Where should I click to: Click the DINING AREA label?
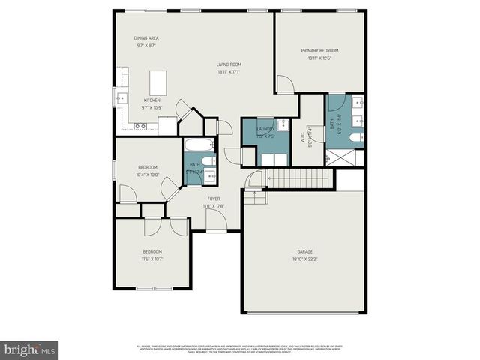tap(147, 38)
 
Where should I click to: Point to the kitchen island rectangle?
tap(157, 80)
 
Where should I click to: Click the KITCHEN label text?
tap(152, 99)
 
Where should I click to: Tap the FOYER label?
tap(214, 199)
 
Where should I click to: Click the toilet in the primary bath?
tap(356, 137)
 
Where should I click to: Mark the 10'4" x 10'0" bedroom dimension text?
tap(148, 174)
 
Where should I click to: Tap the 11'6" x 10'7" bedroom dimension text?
tap(152, 258)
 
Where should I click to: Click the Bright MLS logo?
tap(30, 349)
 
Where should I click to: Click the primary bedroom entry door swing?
tap(283, 83)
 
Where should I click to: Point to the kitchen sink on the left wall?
tap(122, 97)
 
